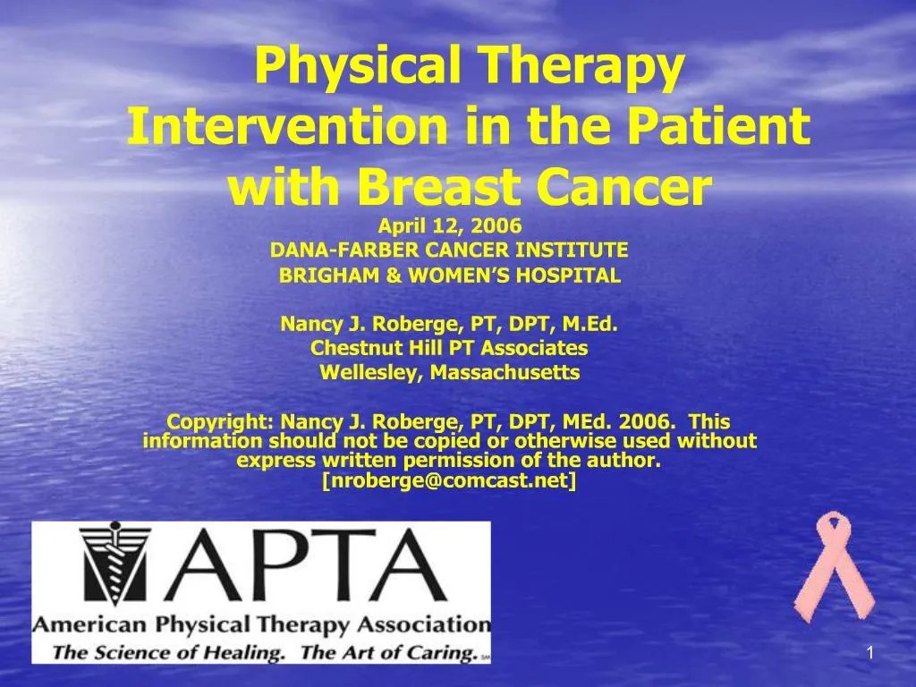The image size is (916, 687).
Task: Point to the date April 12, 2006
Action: [x=449, y=228]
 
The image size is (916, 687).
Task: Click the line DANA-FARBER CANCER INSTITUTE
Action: [x=449, y=249]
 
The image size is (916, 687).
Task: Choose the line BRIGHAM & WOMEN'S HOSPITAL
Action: [x=449, y=276]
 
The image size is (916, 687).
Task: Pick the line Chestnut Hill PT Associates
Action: [x=449, y=348]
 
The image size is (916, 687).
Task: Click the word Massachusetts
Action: [x=505, y=372]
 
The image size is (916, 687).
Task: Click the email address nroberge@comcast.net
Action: [x=449, y=481]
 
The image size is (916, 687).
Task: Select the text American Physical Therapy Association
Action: [x=261, y=624]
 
